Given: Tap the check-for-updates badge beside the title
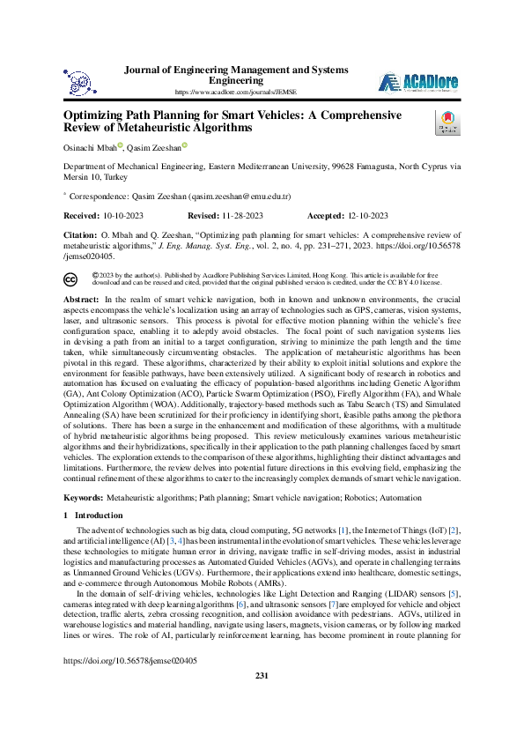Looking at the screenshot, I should tap(447, 122).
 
